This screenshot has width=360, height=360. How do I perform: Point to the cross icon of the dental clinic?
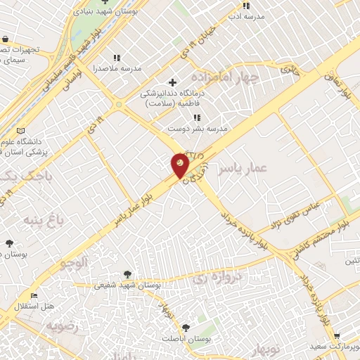[x=172, y=82]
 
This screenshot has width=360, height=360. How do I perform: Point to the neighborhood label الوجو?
[x=73, y=264]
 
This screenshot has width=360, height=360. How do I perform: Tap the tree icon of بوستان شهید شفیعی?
[x=127, y=274]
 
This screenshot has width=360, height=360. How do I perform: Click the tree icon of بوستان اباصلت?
[x=186, y=328]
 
